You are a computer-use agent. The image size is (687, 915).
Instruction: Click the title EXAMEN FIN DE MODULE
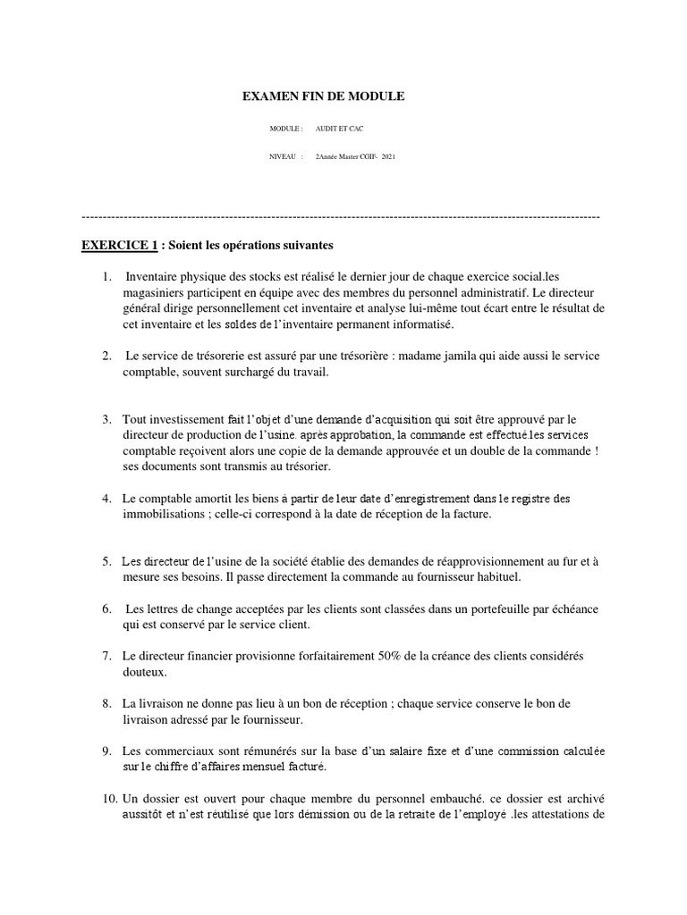tap(324, 96)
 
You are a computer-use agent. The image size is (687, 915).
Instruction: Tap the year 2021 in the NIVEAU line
tap(387, 156)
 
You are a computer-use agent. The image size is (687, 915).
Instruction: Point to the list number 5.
tap(106, 562)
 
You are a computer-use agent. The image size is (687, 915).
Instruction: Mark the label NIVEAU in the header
tap(284, 156)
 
